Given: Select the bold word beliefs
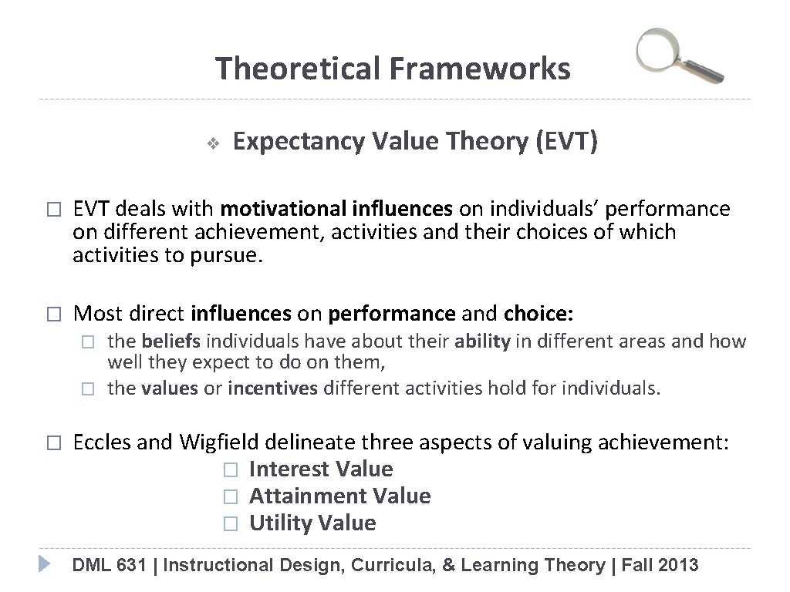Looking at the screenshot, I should [x=167, y=341].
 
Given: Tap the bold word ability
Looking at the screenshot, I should [x=482, y=341].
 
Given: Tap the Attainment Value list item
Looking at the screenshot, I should [x=339, y=496].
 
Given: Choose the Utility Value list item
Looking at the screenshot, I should [x=312, y=523].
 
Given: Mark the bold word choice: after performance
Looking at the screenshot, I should [x=537, y=314].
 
